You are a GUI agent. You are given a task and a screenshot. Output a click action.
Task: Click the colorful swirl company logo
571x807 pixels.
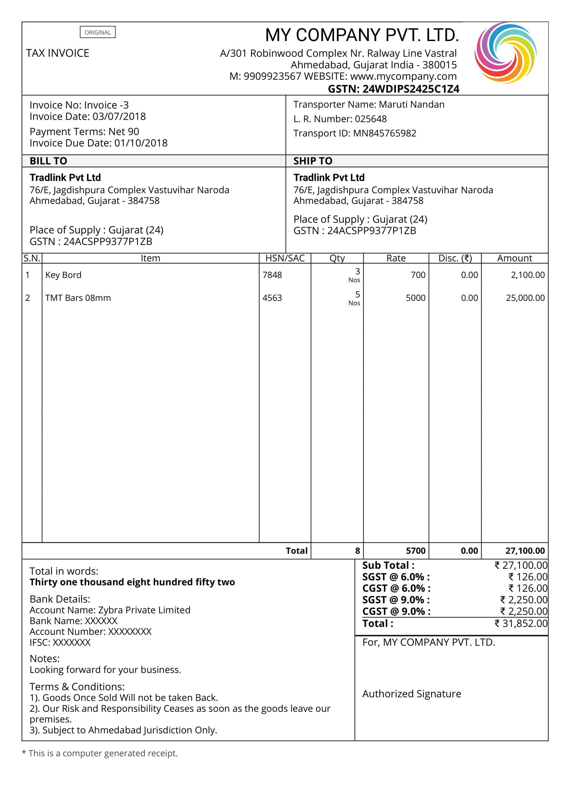tap(505, 53)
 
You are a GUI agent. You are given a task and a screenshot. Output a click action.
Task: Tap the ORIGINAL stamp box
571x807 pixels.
tap(97, 32)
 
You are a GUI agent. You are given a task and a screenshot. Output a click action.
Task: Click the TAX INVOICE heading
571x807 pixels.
tap(57, 53)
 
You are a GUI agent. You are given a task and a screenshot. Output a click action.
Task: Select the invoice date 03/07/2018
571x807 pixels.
tap(119, 116)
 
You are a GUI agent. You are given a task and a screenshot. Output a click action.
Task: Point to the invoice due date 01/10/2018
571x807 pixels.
tap(141, 143)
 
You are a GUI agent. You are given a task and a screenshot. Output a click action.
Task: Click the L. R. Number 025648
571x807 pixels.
tap(370, 119)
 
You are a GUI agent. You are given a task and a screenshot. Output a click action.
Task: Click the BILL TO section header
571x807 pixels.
tap(48, 161)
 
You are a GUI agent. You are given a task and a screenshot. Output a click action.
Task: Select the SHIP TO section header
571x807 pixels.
tap(313, 161)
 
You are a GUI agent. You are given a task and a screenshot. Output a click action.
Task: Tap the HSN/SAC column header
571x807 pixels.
tap(285, 258)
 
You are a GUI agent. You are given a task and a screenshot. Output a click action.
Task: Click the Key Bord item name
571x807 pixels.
tap(63, 275)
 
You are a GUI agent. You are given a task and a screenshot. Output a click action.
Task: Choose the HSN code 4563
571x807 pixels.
tap(272, 298)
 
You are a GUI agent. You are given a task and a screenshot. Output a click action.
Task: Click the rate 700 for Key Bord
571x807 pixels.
tap(418, 275)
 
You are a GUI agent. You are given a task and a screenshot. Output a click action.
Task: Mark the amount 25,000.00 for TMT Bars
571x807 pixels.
tap(525, 298)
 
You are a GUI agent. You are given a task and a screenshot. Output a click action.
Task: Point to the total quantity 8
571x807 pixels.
tap(358, 551)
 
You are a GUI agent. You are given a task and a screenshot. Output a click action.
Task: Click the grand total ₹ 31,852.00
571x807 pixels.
tap(521, 623)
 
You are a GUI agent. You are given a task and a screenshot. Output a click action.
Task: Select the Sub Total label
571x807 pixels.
tap(388, 565)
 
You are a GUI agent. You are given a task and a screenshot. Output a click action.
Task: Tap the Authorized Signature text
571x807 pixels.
tap(412, 694)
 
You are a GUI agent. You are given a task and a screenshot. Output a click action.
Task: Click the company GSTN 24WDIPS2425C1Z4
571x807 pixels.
tap(411, 89)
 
